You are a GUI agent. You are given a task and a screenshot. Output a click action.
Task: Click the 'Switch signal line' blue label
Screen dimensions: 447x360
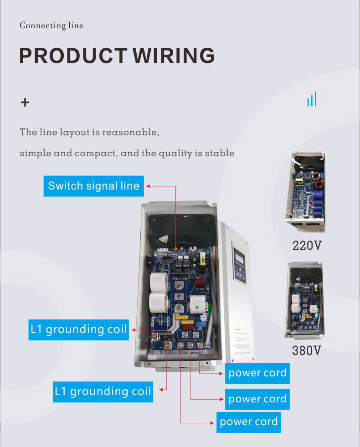pyautogui.click(x=93, y=186)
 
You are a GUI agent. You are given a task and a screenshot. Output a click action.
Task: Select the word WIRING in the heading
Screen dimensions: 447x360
pyautogui.click(x=174, y=56)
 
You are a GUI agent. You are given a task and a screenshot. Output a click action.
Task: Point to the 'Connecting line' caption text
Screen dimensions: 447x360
pyautogui.click(x=51, y=26)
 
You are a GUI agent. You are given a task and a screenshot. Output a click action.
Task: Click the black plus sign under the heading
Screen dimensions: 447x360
pyautogui.click(x=25, y=103)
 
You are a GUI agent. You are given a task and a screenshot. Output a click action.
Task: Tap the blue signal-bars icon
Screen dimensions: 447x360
pyautogui.click(x=312, y=99)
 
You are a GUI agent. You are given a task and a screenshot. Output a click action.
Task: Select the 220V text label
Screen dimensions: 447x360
pyautogui.click(x=307, y=246)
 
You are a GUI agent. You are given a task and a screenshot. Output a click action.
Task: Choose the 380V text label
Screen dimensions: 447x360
pyautogui.click(x=307, y=350)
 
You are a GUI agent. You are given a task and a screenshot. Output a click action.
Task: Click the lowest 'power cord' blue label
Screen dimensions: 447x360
pyautogui.click(x=248, y=421)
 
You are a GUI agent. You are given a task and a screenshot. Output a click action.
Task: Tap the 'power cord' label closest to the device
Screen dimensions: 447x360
pyautogui.click(x=257, y=373)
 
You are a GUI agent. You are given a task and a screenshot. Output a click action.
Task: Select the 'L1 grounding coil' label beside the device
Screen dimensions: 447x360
pyautogui.click(x=79, y=329)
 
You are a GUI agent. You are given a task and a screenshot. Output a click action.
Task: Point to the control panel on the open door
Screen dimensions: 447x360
pyautogui.click(x=240, y=264)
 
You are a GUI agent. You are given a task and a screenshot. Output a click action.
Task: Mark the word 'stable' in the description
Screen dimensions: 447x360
pyautogui.click(x=221, y=154)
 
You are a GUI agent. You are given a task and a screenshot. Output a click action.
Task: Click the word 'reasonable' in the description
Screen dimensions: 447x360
pyautogui.click(x=130, y=133)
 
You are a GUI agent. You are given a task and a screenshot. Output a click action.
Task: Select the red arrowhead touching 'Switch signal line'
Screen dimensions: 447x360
pyautogui.click(x=148, y=186)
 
